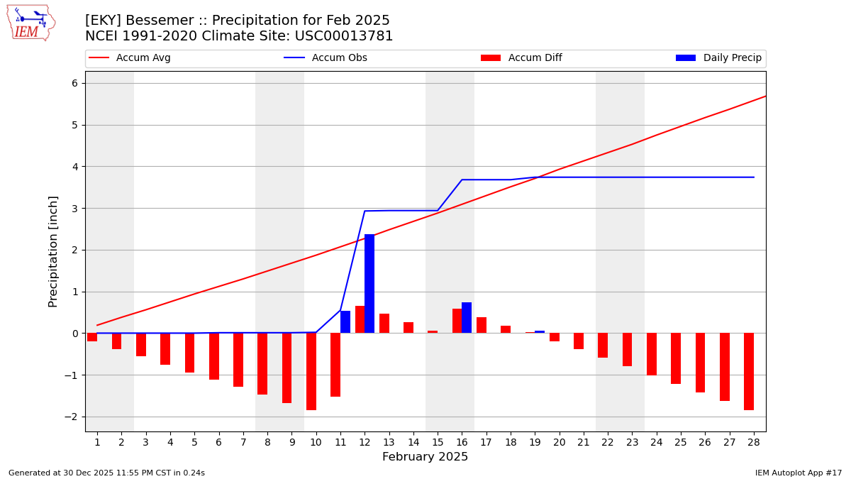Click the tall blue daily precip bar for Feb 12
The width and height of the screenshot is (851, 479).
[x=369, y=284]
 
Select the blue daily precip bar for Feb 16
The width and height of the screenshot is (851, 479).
[x=467, y=318]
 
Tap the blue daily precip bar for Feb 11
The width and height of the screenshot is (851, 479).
[x=345, y=322]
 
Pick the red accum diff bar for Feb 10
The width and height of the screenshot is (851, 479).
[x=311, y=371]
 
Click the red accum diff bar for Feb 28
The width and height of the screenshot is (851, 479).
[x=749, y=371]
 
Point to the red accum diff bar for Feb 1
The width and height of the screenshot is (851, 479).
[x=92, y=337]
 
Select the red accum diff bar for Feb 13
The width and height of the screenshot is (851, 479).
[x=384, y=324]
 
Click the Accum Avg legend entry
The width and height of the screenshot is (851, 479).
[x=130, y=58]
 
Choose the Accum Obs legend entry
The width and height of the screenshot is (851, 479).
[x=326, y=58]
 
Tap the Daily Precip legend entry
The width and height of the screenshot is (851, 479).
[x=719, y=58]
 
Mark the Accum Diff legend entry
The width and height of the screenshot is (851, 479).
[x=522, y=58]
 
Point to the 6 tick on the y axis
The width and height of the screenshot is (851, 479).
[x=75, y=83]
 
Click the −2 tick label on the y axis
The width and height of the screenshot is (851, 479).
[x=72, y=417]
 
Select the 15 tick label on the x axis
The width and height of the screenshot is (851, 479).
[x=438, y=442]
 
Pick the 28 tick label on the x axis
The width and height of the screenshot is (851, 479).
[x=753, y=442]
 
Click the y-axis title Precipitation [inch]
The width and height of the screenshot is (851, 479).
[x=54, y=251]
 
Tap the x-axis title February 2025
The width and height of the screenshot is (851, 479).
[x=425, y=457]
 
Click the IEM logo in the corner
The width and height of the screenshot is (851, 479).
[x=30, y=23]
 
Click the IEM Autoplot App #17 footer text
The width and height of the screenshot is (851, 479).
[x=798, y=473]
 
